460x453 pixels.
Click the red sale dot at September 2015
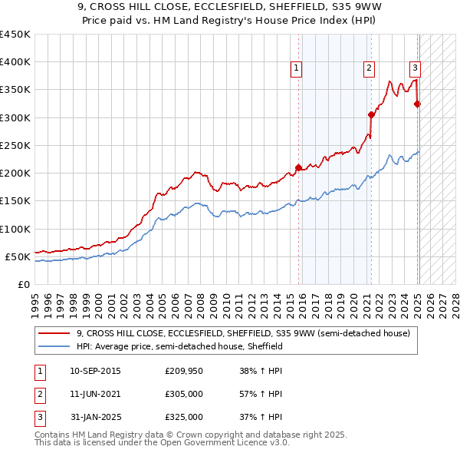[x=298, y=167]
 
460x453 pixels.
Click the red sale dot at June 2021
[x=370, y=114]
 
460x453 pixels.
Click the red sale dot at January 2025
[x=418, y=104]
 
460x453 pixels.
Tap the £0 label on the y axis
[x=23, y=284]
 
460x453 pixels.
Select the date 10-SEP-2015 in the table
[x=94, y=371]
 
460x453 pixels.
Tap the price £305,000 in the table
[x=184, y=394]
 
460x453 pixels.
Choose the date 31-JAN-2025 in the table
[x=94, y=417]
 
